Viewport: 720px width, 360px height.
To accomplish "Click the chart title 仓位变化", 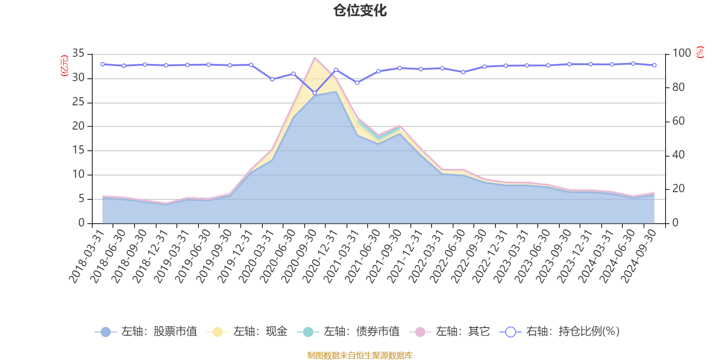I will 360,10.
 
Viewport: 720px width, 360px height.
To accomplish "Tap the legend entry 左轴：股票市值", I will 146,332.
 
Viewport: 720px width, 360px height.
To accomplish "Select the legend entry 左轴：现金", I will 247,332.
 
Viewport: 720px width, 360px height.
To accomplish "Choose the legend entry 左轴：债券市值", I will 348,332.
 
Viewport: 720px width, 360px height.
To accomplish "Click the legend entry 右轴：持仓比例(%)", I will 560,332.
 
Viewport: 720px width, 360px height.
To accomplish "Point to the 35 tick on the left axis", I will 78,54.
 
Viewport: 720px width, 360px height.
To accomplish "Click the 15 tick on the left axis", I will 78,150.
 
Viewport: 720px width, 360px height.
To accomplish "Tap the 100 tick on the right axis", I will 681,54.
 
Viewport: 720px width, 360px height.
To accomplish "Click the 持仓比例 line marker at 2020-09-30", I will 315,93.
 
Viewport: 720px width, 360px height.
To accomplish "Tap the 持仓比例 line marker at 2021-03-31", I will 357,83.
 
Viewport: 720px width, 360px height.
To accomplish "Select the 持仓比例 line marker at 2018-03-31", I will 102,64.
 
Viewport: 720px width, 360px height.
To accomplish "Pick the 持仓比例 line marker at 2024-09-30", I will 654,65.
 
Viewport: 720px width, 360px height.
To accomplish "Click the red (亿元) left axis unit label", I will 65,66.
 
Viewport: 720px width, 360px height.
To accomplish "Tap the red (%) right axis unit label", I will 700,52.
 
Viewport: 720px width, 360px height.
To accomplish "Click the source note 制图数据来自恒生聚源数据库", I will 360,355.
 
